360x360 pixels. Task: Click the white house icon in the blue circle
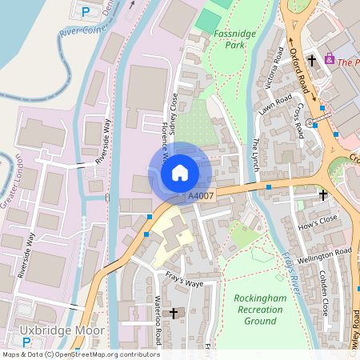click(180, 172)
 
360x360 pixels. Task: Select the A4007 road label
click(201, 196)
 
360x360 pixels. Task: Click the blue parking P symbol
click(86, 11)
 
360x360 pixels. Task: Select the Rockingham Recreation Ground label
click(259, 309)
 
